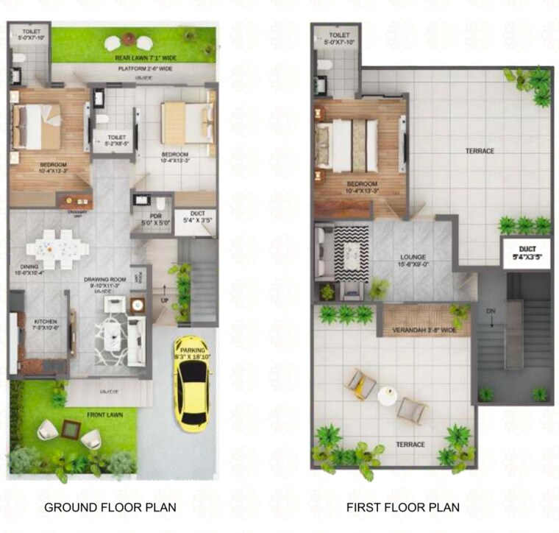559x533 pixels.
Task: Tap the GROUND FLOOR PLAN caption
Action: (x=110, y=507)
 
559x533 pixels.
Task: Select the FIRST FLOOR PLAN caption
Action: (x=403, y=507)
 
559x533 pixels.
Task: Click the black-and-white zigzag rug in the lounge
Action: (x=352, y=253)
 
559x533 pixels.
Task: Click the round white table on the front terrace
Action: (x=387, y=396)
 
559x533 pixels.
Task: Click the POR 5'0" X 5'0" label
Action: (x=150, y=218)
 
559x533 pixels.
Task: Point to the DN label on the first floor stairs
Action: (x=491, y=311)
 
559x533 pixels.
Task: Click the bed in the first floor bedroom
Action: (x=347, y=144)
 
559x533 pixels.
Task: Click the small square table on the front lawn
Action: (x=70, y=428)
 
